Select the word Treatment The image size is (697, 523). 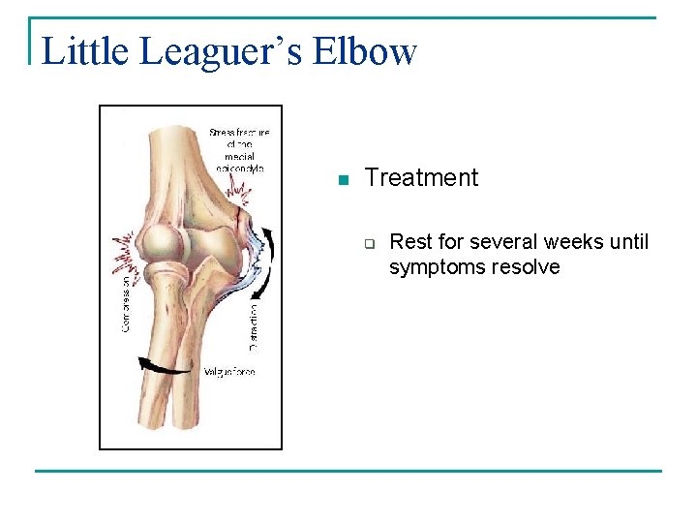point(421,177)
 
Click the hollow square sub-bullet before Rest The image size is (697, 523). point(369,243)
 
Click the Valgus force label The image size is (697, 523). point(230,371)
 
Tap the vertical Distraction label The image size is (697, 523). point(254,326)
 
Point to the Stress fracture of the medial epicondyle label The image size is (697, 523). point(239,149)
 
